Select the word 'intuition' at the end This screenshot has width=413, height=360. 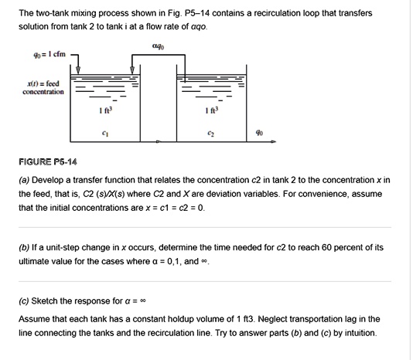pyautogui.click(x=359, y=333)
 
